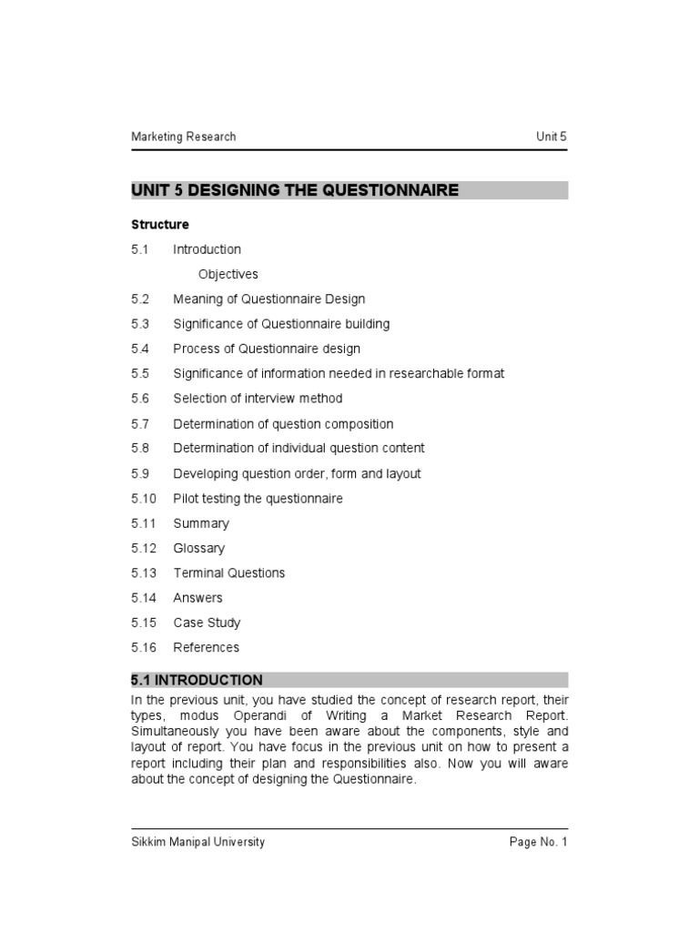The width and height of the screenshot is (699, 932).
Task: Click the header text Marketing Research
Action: pos(183,137)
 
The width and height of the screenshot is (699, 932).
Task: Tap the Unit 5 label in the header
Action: pos(552,137)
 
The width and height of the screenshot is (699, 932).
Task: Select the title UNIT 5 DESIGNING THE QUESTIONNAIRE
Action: pos(295,190)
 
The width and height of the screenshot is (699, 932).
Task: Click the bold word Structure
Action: pos(160,224)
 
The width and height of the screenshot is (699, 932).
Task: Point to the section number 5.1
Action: pos(139,249)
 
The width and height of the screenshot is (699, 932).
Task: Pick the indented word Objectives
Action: pos(228,274)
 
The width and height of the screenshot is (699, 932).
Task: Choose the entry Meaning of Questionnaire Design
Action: pos(268,299)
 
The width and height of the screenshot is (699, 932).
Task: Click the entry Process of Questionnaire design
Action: pos(267,349)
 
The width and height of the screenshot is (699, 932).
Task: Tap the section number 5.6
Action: pos(139,399)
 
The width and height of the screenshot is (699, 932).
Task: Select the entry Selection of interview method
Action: pos(258,399)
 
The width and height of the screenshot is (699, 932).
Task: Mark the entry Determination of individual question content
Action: pos(299,448)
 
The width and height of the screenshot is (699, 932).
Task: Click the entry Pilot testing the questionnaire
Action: pos(258,499)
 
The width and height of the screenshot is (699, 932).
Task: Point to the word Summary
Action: pos(201,523)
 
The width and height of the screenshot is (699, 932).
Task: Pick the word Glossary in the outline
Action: pos(198,548)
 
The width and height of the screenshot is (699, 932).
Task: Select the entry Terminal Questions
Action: pos(228,572)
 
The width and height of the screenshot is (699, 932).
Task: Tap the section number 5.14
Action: pos(143,598)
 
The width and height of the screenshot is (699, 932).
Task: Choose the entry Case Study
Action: pos(207,623)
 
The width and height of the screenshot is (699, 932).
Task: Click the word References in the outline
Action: pos(206,647)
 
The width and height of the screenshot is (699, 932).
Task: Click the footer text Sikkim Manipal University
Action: pos(198,842)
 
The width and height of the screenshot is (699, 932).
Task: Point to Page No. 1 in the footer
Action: pos(538,842)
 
